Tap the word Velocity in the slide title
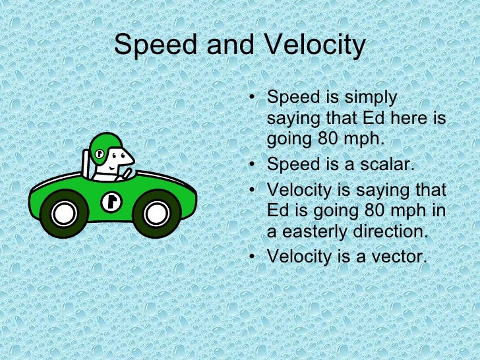pyautogui.click(x=315, y=46)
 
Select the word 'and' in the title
pyautogui.click(x=227, y=46)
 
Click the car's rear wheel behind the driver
pyautogui.click(x=63, y=213)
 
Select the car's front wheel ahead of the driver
pyautogui.click(x=156, y=213)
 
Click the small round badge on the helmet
pyautogui.click(x=99, y=154)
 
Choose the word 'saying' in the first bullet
pyautogui.click(x=292, y=119)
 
